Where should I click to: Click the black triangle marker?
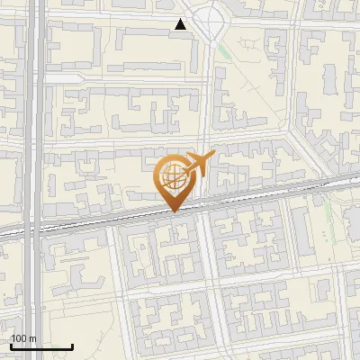coord(181,24)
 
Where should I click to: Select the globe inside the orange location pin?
coord(172,174)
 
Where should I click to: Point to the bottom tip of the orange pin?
coord(173,212)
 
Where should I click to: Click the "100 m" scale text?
coord(24,338)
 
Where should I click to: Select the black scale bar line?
coord(41,346)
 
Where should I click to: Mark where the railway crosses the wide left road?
coord(34,229)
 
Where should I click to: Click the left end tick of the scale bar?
coord(11,345)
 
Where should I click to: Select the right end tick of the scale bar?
coord(72,345)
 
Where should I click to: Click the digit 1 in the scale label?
coord(13,338)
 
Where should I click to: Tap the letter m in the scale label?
coord(33,338)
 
